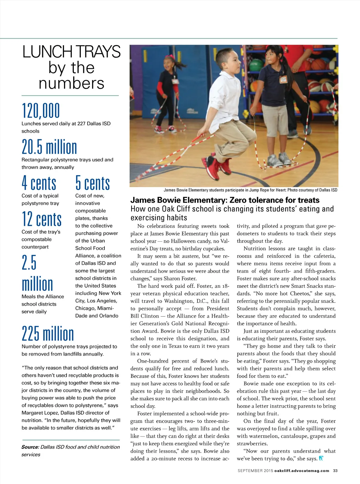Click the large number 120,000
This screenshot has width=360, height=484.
(x=41, y=111)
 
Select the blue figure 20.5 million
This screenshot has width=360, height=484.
(x=49, y=147)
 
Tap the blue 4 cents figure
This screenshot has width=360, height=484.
(x=39, y=183)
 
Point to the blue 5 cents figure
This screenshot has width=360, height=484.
(x=92, y=183)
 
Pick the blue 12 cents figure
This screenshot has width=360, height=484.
(x=41, y=219)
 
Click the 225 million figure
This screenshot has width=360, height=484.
(x=48, y=334)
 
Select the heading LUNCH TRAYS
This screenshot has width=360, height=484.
(x=71, y=52)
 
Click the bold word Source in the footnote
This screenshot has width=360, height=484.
(x=30, y=447)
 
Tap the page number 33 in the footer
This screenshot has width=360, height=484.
(x=335, y=471)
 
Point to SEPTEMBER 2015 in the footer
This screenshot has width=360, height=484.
(x=255, y=471)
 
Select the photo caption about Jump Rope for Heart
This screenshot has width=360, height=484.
(x=250, y=190)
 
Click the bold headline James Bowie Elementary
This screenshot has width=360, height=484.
(x=225, y=200)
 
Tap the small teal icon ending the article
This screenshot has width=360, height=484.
(x=321, y=459)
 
